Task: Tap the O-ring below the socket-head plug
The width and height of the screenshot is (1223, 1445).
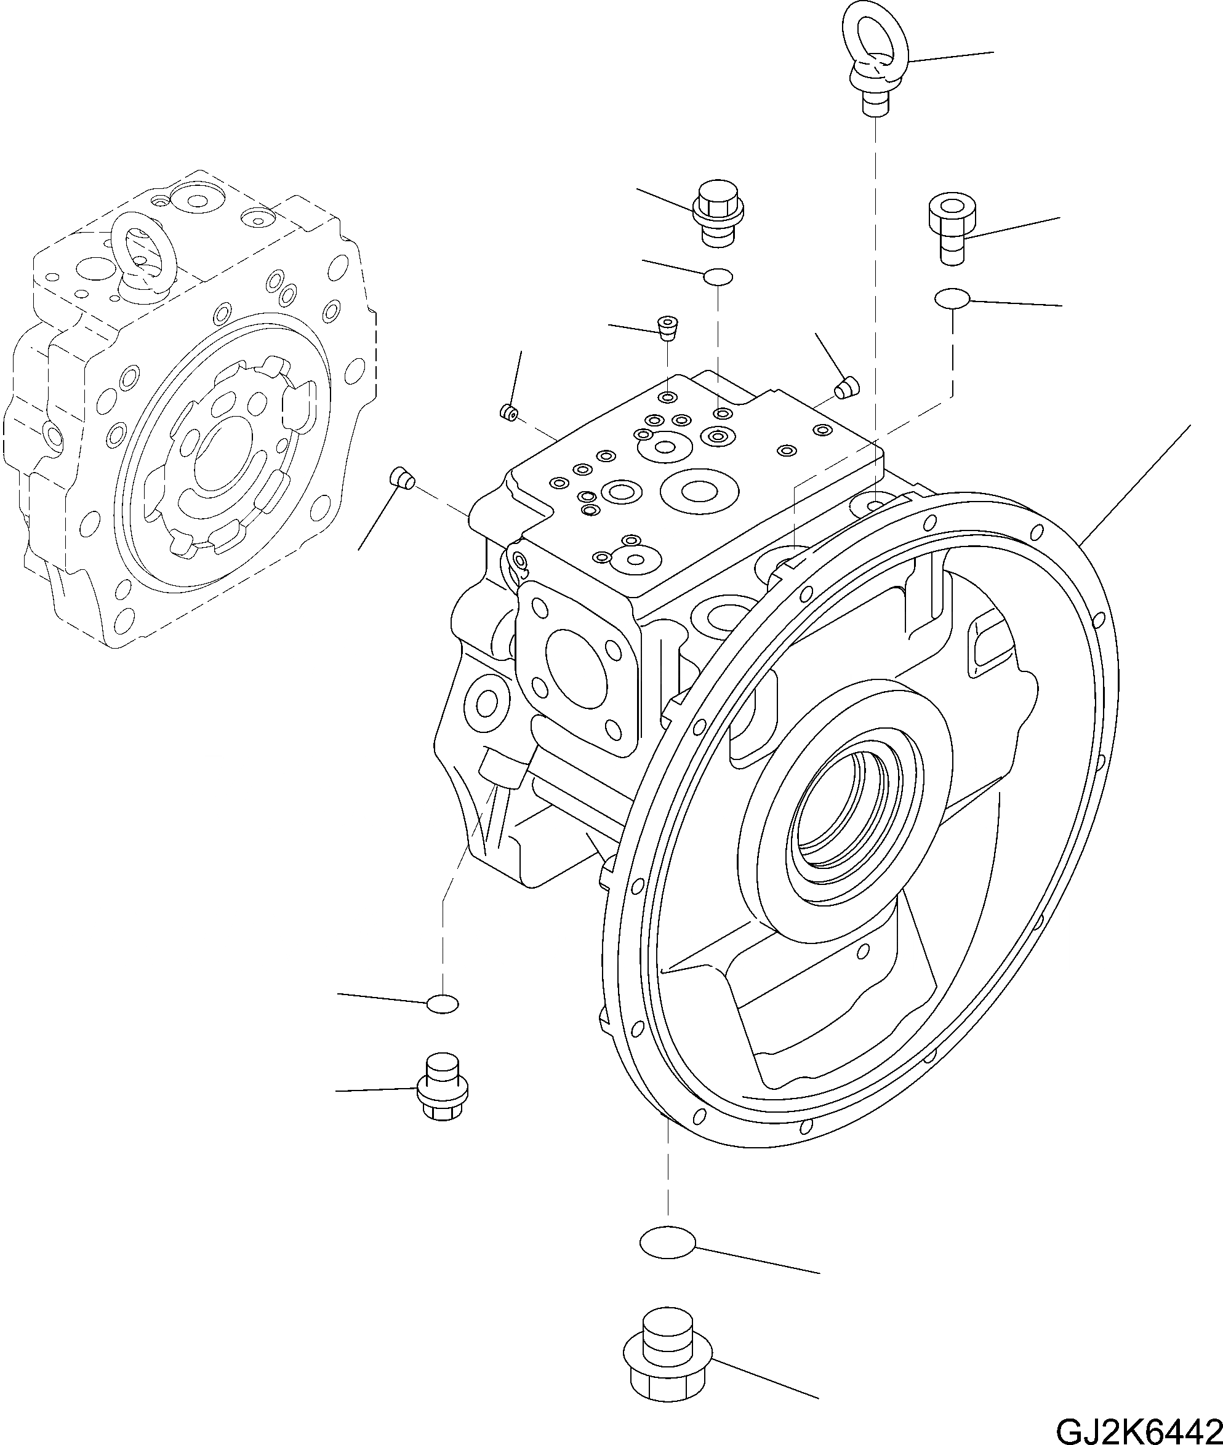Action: [952, 298]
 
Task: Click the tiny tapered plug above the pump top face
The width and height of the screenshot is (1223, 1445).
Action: [667, 328]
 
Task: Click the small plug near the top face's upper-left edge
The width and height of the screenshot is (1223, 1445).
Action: [510, 412]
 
